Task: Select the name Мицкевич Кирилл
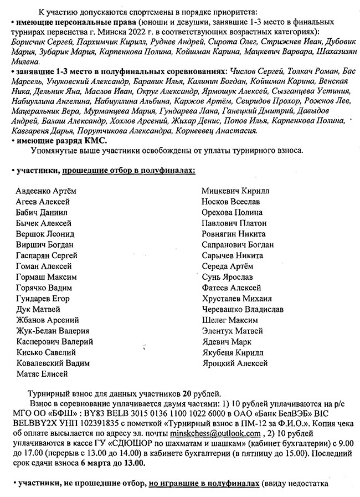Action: (235, 191)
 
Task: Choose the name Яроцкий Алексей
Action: (234, 363)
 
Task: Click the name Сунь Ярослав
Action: (227, 277)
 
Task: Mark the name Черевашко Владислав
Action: (243, 309)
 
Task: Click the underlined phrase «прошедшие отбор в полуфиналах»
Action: (128, 169)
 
